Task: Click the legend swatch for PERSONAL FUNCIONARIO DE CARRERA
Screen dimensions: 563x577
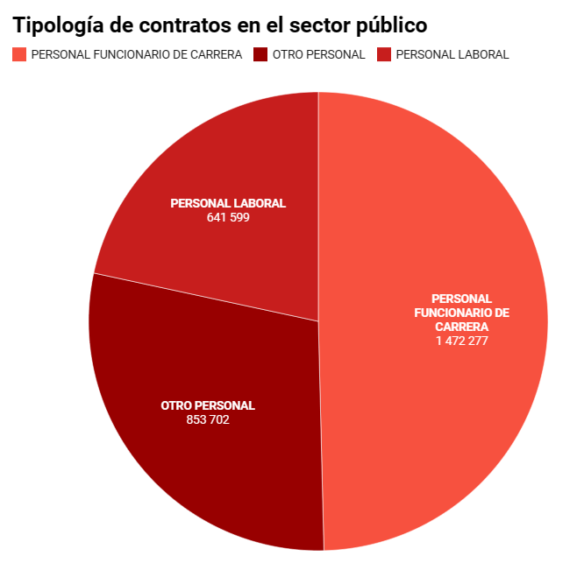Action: (19, 54)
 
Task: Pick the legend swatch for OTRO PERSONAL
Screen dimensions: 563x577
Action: (260, 54)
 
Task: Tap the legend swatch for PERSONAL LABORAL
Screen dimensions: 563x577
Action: (384, 54)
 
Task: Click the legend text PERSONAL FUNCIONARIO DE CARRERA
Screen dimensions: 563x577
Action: (136, 54)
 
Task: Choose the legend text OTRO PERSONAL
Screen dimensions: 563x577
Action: (318, 54)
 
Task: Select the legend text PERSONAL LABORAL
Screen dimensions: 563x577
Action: (452, 54)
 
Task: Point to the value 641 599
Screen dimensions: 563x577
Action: (228, 217)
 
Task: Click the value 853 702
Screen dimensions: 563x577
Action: (208, 419)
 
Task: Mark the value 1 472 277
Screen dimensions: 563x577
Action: (461, 341)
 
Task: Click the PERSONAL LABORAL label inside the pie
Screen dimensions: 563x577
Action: (228, 203)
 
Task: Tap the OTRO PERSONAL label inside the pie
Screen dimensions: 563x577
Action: (208, 405)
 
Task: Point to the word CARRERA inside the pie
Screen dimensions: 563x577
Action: (461, 327)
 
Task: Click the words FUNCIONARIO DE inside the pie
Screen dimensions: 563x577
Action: (461, 313)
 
